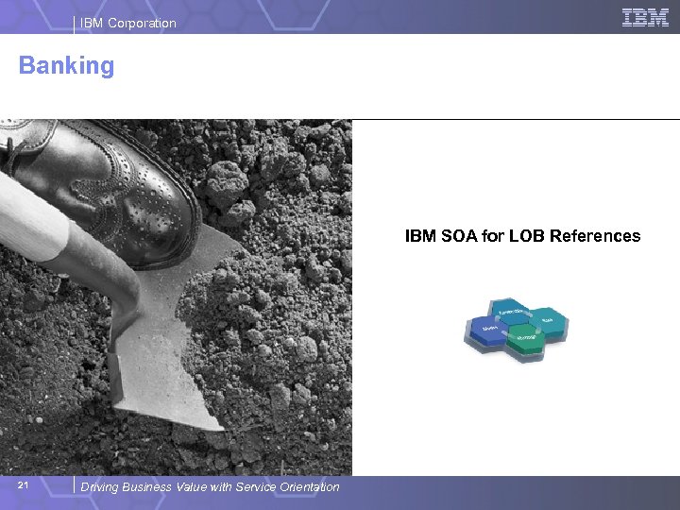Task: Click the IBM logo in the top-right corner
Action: coord(645,17)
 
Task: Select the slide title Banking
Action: coord(66,66)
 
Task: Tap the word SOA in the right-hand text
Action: coord(458,236)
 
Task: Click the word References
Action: coord(595,236)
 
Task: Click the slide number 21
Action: coord(25,485)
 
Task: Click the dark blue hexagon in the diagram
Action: coord(487,330)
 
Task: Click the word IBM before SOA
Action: coord(420,236)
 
